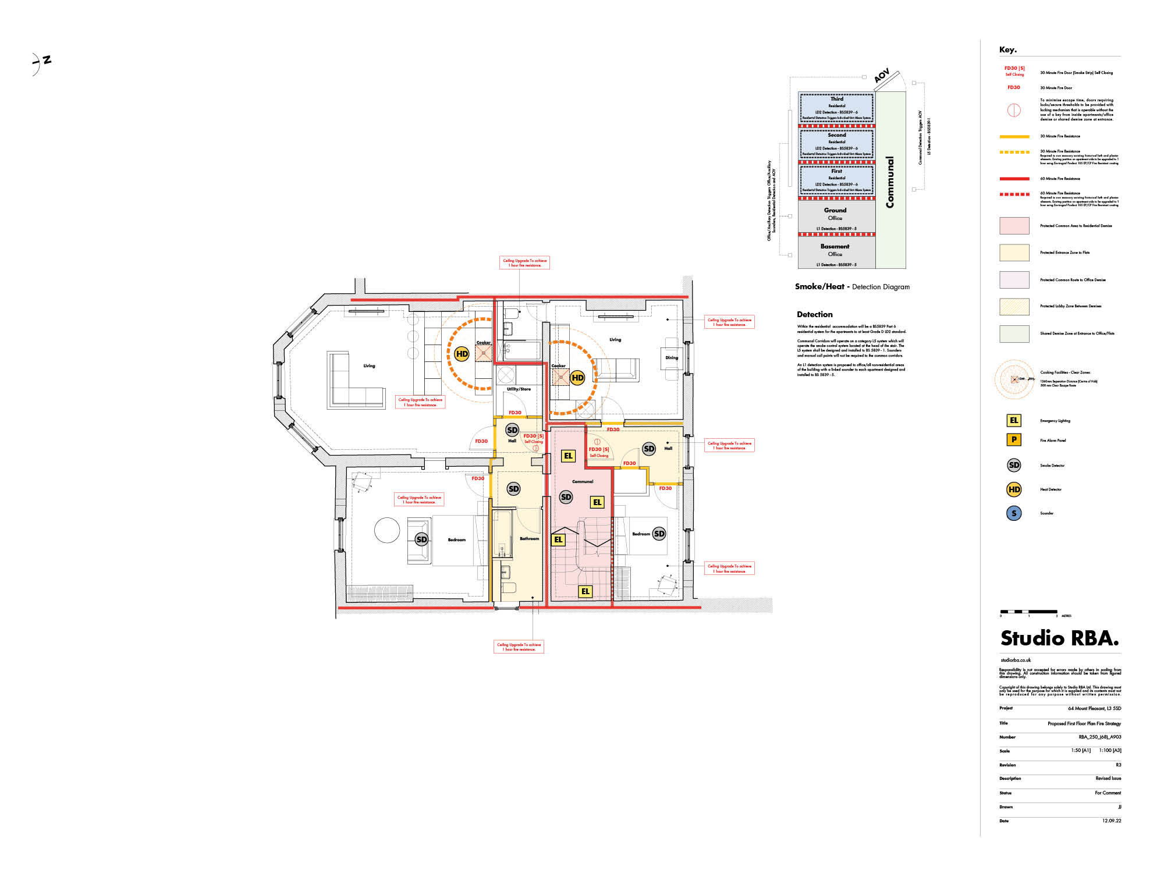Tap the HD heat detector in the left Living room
tap(462, 354)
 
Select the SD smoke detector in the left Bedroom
tap(421, 539)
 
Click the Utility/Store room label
tap(519, 389)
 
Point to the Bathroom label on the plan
tap(529, 538)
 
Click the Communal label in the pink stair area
tap(583, 481)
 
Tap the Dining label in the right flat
tap(672, 358)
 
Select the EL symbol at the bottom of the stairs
tap(585, 591)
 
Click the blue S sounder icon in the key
tap(1014, 513)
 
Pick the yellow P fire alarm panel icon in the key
tap(1014, 440)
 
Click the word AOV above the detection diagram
tap(882, 76)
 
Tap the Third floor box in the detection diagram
tap(836, 108)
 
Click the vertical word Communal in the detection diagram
tap(890, 182)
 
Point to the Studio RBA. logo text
tap(1059, 638)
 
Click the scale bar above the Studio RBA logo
tap(1028, 612)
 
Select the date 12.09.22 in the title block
tap(1111, 821)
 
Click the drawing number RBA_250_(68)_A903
tap(1099, 737)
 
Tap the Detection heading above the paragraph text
tap(814, 314)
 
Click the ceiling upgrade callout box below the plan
tap(519, 647)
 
